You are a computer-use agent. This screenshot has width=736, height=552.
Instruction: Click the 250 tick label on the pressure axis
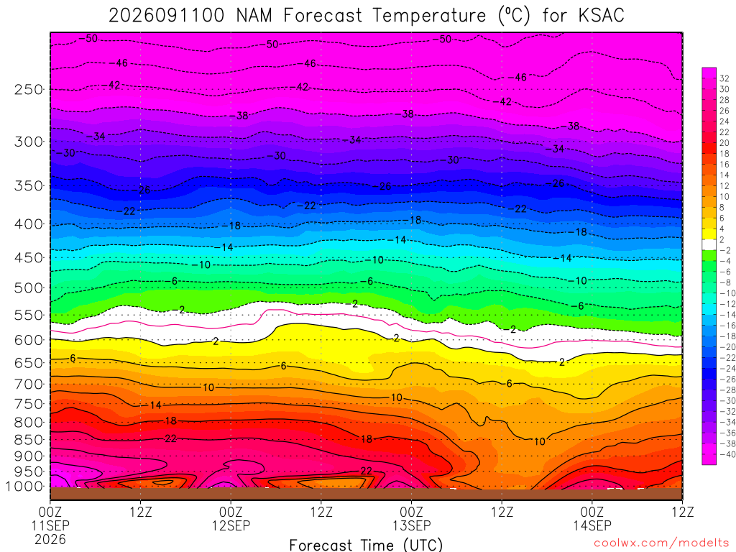click(x=29, y=89)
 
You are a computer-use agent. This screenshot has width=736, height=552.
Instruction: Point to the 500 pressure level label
click(x=29, y=287)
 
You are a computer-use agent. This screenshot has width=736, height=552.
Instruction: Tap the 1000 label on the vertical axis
click(x=25, y=487)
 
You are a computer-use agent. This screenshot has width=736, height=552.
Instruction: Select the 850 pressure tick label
click(x=29, y=440)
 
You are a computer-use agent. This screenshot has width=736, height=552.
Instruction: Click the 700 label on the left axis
click(x=29, y=385)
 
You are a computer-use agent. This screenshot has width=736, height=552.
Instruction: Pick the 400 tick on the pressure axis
click(x=29, y=224)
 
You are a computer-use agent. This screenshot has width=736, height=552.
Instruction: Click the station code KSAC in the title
click(x=602, y=16)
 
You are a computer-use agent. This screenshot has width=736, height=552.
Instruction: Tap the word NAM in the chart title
click(x=254, y=16)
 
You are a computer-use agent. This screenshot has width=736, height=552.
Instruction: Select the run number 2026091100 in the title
click(x=167, y=16)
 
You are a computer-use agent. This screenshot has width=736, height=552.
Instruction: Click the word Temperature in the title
click(x=430, y=16)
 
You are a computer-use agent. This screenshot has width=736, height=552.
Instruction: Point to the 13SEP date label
click(x=412, y=525)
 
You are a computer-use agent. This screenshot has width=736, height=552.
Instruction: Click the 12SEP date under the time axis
click(x=231, y=525)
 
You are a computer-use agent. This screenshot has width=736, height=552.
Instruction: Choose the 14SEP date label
click(x=592, y=525)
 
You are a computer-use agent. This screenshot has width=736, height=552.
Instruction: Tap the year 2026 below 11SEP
click(x=50, y=539)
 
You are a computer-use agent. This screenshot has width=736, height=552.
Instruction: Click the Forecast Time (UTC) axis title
click(x=366, y=545)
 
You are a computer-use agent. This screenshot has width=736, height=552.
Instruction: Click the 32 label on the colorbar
click(x=724, y=78)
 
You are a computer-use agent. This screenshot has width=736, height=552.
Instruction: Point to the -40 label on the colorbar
click(x=727, y=454)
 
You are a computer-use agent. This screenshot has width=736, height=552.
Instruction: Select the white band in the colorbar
click(x=709, y=244)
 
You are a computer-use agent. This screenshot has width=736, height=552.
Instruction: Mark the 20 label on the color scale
click(x=724, y=143)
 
